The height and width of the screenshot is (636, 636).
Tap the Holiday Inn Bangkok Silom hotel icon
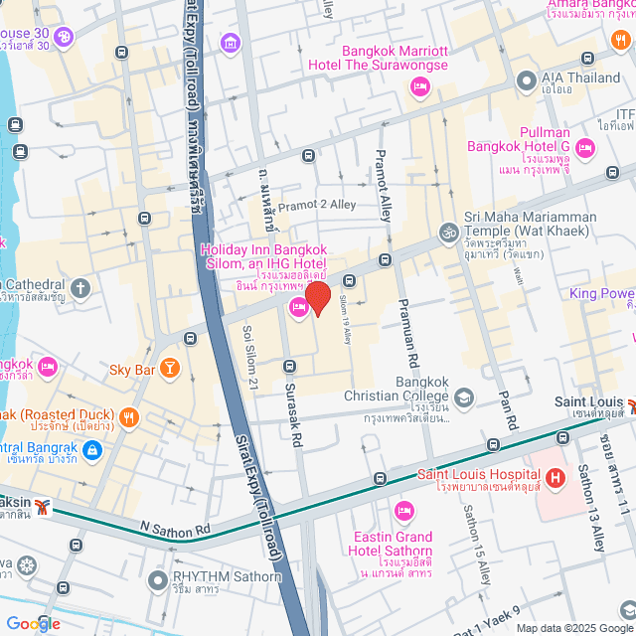pyautogui.click(x=298, y=310)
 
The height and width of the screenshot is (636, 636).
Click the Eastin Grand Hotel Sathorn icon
pyautogui.click(x=403, y=511)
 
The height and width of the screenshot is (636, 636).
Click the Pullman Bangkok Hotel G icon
pyautogui.click(x=585, y=148)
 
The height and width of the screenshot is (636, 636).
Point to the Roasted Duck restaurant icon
pyautogui.click(x=128, y=415)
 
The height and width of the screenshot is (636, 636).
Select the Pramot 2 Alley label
pyautogui.click(x=316, y=205)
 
